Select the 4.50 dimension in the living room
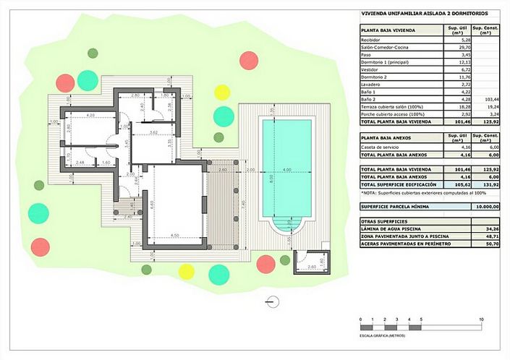(x=174, y=236)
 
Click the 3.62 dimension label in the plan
(x=153, y=133)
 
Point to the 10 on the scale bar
(x=481, y=319)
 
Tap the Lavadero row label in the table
(x=371, y=85)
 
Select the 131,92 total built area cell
(x=490, y=184)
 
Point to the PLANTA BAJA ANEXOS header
(x=388, y=137)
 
